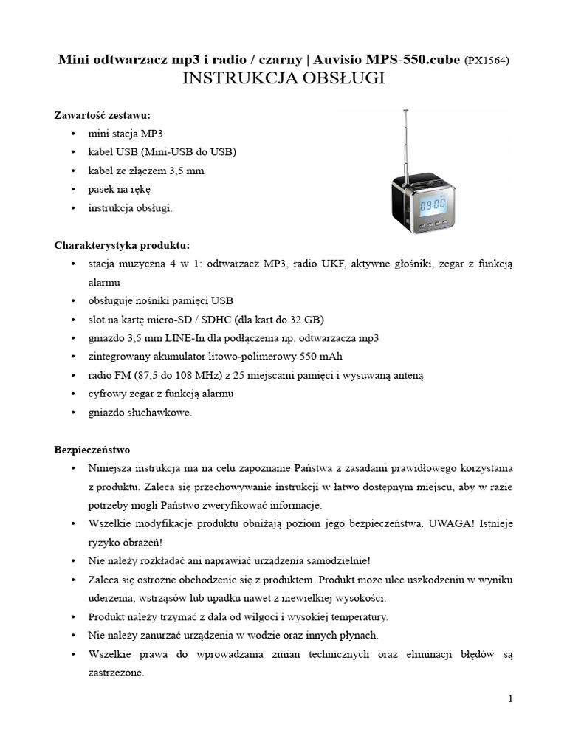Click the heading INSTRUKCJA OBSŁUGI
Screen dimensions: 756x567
pyautogui.click(x=283, y=79)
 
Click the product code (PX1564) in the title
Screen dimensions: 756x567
pyautogui.click(x=487, y=61)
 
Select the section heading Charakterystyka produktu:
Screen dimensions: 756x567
pyautogui.click(x=122, y=245)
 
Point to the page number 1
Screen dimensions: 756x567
pyautogui.click(x=509, y=698)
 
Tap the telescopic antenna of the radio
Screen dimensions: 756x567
pyautogui.click(x=405, y=144)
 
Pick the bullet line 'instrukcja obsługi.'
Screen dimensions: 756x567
pyautogui.click(x=130, y=208)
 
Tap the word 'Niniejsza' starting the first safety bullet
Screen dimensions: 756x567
pyautogui.click(x=111, y=468)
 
